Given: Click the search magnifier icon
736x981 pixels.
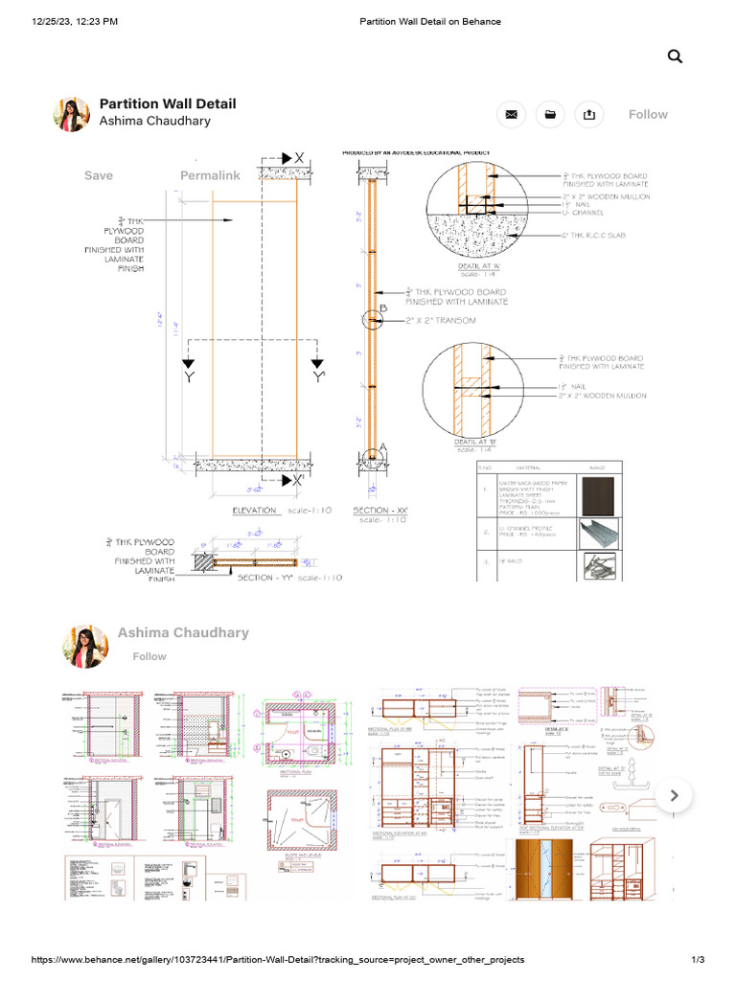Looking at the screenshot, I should [x=675, y=57].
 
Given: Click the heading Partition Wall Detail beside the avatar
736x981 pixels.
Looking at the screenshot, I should [x=168, y=103].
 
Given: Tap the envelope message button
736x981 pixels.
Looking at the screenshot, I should [x=512, y=115].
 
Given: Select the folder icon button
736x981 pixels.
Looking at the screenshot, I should [x=550, y=115].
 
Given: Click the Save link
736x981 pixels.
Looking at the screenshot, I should [x=99, y=175].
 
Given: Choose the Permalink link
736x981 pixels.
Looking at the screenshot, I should [x=210, y=175].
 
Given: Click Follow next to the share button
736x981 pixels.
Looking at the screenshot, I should [x=648, y=114].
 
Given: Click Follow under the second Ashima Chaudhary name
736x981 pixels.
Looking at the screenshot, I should [x=149, y=656].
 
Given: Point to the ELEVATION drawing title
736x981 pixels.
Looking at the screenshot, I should [x=255, y=511].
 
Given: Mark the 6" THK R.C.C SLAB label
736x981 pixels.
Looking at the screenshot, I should [x=594, y=234].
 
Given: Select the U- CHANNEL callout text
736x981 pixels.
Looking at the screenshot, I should [x=584, y=214].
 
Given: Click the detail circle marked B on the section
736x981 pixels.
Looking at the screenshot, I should [x=373, y=319].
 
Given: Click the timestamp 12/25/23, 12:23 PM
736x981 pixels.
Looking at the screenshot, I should [x=75, y=21].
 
